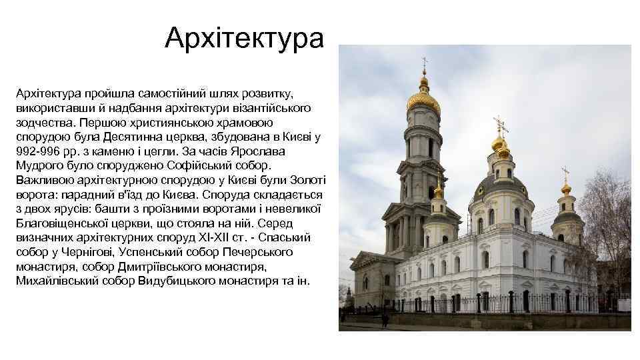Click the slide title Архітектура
[245, 38]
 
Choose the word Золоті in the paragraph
[305, 180]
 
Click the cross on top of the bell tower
[424, 65]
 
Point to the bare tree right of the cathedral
[610, 220]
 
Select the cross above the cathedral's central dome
[500, 125]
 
